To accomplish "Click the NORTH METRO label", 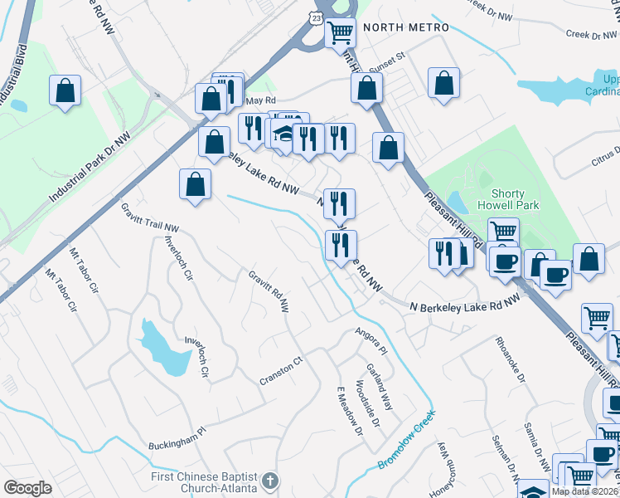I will pyautogui.click(x=405, y=27).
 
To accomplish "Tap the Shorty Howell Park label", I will pyautogui.click(x=509, y=198).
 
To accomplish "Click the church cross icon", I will pyautogui.click(x=269, y=481).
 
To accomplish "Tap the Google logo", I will pyautogui.click(x=27, y=488).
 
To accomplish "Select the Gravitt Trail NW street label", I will pyautogui.click(x=150, y=216).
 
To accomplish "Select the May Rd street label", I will pyautogui.click(x=260, y=100).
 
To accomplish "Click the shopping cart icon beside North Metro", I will pyautogui.click(x=340, y=33).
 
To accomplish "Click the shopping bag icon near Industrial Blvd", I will pyautogui.click(x=65, y=90).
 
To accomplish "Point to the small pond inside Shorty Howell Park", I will pyautogui.click(x=456, y=202).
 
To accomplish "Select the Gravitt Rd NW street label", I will pyautogui.click(x=269, y=291).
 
